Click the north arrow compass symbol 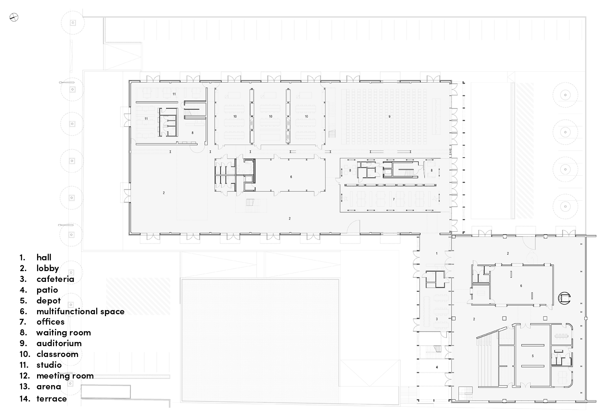[x=14, y=17]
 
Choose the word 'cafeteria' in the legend [x=55, y=279]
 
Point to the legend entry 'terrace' [x=52, y=399]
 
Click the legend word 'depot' [x=48, y=301]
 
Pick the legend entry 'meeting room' [x=65, y=376]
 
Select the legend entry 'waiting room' [x=63, y=333]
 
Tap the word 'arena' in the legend [x=48, y=387]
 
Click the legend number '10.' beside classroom [x=24, y=354]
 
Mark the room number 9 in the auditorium [x=389, y=116]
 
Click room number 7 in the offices [x=394, y=199]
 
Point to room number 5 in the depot [x=533, y=356]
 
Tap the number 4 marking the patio [x=437, y=367]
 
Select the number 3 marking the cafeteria [x=437, y=319]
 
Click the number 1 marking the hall [x=437, y=253]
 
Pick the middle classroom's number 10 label [x=271, y=116]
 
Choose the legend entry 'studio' [x=49, y=365]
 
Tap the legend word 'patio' [x=47, y=290]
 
